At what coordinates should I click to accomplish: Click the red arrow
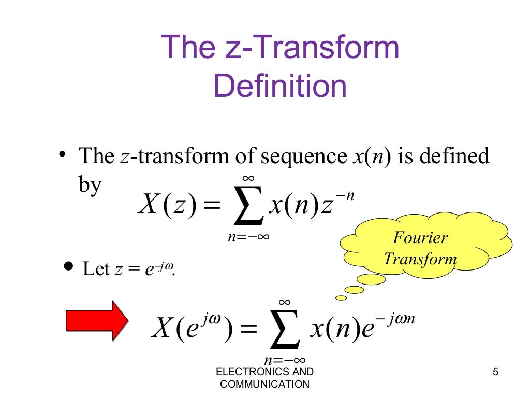(97, 321)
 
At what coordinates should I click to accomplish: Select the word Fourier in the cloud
(420, 238)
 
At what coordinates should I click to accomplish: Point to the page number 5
(496, 372)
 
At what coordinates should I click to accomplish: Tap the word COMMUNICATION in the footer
(264, 384)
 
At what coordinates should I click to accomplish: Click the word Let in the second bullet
(96, 269)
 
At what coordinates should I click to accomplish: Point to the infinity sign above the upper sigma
(248, 179)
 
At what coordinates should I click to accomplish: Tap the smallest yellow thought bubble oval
(341, 297)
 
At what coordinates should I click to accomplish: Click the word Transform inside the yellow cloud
(420, 259)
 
